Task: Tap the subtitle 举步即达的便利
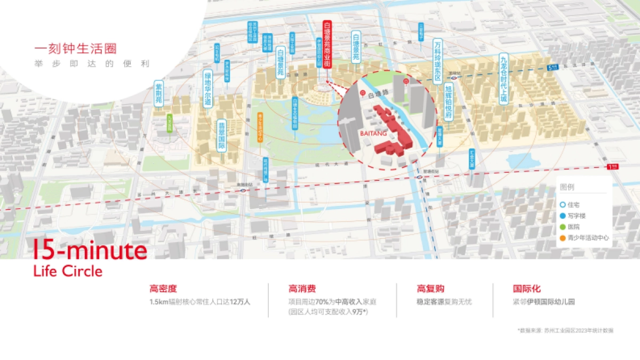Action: tap(91, 63)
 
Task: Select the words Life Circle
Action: tap(68, 271)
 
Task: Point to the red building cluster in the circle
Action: tap(389, 128)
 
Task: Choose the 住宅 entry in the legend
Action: tap(573, 204)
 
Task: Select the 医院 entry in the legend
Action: tap(573, 227)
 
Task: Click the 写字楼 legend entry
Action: tap(576, 215)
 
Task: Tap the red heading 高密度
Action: tap(163, 289)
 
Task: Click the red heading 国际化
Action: tap(526, 289)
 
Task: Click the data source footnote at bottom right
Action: tap(565, 331)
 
